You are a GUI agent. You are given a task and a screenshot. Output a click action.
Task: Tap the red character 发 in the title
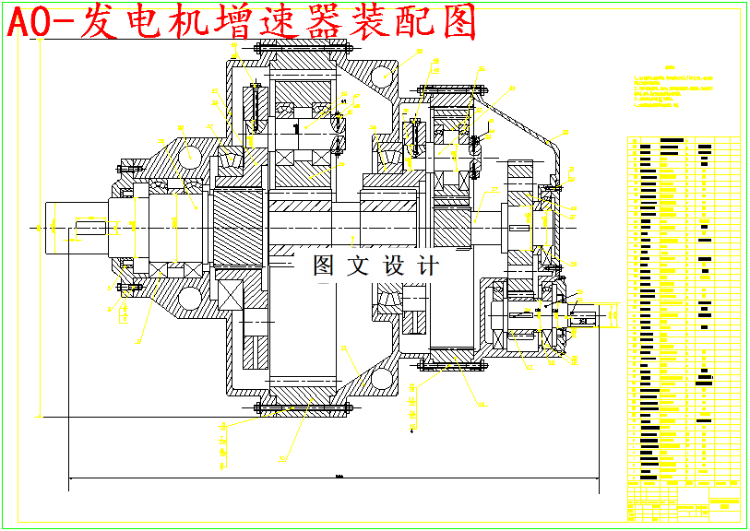(x=101, y=23)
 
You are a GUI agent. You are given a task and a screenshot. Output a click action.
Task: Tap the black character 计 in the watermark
(x=428, y=266)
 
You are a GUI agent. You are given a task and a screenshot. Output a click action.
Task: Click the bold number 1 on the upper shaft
(x=295, y=129)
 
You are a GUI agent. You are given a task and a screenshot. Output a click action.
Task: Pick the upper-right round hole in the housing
(x=378, y=77)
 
